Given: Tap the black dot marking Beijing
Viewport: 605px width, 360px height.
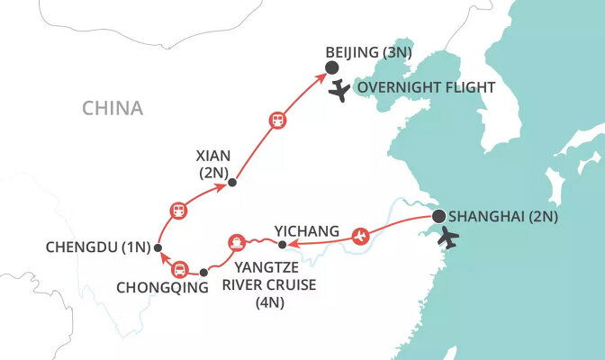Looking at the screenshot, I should coord(330,68).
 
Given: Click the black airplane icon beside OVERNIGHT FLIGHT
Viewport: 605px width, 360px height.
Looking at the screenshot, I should coord(340,91).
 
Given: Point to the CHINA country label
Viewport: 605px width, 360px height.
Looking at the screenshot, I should coord(113,109).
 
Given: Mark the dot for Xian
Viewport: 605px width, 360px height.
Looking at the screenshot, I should coord(231,183).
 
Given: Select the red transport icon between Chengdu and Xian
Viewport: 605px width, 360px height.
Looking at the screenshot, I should coord(178,211).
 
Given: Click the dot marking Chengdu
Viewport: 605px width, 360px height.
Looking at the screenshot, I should coord(158,247).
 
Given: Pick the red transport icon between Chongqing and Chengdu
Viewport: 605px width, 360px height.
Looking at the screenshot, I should coord(179,268).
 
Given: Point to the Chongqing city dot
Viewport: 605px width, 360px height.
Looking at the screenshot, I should coord(203,271).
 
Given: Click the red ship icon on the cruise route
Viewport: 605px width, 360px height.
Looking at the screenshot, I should coord(236,242).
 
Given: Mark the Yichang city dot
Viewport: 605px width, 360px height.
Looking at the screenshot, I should coord(282,245).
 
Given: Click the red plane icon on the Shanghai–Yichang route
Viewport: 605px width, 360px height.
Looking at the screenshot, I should coord(361,236).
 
